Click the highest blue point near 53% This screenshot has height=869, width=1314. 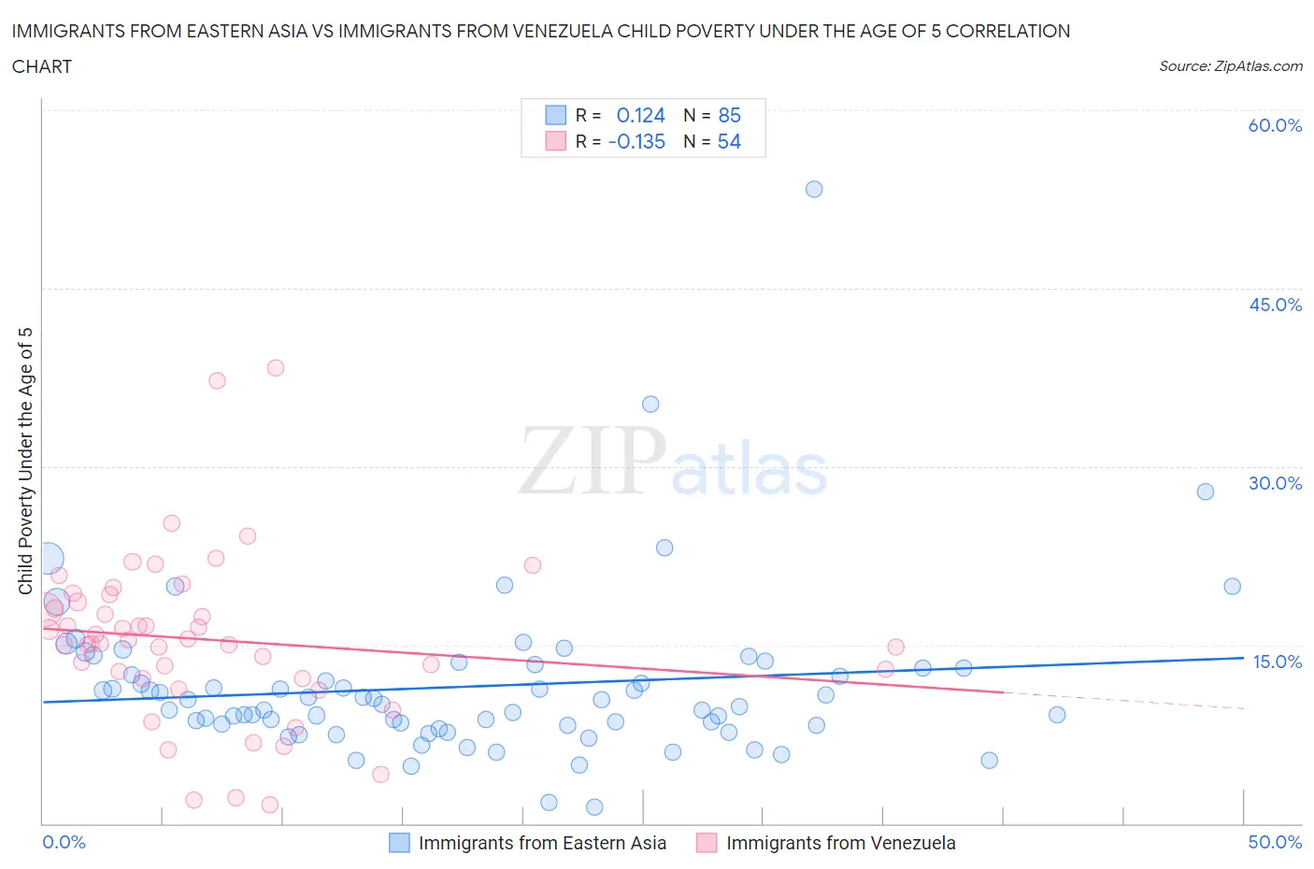click(x=814, y=189)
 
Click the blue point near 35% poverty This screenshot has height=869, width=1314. click(x=650, y=404)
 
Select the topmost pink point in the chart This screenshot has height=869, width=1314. click(x=275, y=367)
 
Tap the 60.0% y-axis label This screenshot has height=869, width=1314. click(x=1275, y=125)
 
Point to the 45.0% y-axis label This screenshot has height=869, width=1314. click(x=1275, y=305)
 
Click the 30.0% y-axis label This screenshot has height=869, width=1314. click(x=1275, y=483)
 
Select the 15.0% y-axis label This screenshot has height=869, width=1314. click(x=1277, y=662)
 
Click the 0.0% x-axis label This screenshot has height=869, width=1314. click(x=64, y=842)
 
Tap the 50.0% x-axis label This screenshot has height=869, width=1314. click(x=1275, y=842)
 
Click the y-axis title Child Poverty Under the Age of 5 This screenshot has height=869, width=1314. click(x=25, y=461)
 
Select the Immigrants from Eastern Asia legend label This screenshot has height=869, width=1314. click(x=542, y=843)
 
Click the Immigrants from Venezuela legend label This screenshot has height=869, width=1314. click(x=840, y=843)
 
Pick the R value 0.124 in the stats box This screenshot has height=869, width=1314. click(x=640, y=115)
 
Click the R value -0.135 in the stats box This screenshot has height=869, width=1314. click(x=636, y=141)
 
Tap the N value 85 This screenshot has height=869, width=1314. click(x=729, y=115)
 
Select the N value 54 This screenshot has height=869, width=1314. click(x=729, y=141)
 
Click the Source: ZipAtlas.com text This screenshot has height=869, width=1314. click(x=1230, y=65)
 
